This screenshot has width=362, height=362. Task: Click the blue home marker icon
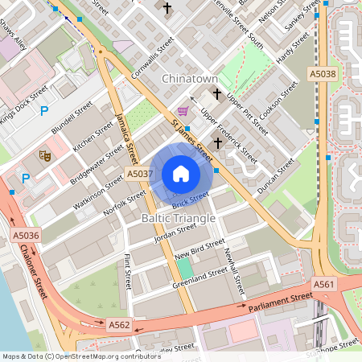point(180,174)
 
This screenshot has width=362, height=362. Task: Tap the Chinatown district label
point(190,79)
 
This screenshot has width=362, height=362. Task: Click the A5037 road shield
point(139,174)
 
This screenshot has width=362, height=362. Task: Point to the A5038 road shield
point(323,74)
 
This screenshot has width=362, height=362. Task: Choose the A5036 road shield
point(26,236)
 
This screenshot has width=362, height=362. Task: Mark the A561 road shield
point(324,284)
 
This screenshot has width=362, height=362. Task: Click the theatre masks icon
point(45,154)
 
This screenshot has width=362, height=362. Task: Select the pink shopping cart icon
point(183,111)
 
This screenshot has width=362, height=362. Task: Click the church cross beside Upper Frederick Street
point(217,142)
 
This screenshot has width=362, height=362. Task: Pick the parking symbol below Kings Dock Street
point(44,110)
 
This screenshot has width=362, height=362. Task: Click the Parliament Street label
point(280,302)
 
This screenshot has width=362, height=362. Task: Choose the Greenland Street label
point(199,279)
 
